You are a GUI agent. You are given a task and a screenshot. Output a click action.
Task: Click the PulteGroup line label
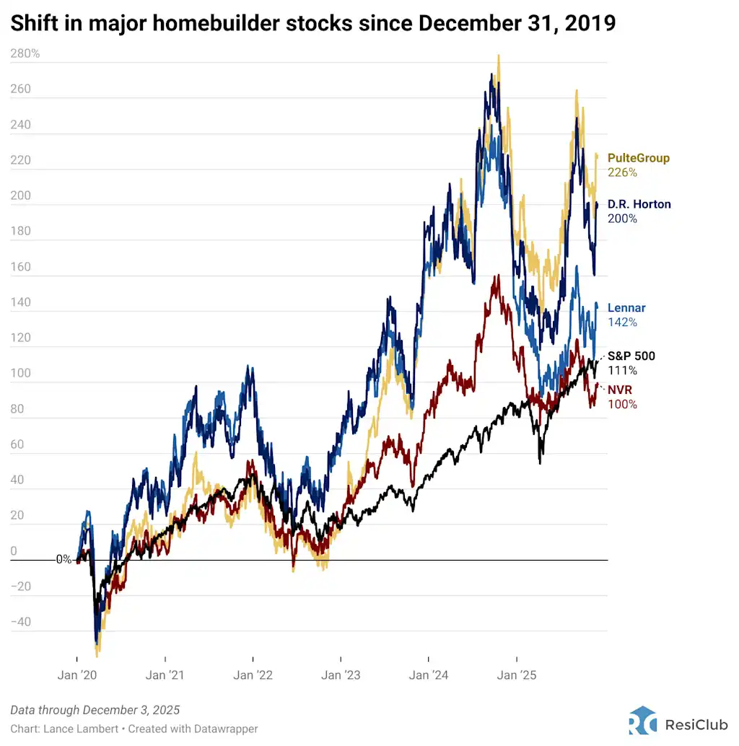point(638,158)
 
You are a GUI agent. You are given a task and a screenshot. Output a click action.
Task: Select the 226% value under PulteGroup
point(622,172)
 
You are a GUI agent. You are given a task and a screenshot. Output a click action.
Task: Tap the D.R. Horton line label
point(639,204)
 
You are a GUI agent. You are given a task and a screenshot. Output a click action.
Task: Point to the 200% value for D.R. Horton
point(622,219)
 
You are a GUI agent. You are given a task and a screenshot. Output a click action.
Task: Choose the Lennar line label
point(626,308)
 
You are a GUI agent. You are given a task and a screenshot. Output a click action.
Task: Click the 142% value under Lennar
point(622,322)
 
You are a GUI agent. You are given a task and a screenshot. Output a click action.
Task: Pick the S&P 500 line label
point(631,356)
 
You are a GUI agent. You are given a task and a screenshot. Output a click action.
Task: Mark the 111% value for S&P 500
point(622,370)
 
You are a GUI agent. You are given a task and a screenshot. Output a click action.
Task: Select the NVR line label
point(620,390)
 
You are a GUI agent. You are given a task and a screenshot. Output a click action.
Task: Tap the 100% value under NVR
point(622,405)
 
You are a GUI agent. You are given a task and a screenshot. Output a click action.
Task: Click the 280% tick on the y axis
point(25,53)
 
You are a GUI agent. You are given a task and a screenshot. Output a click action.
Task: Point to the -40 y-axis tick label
point(22,622)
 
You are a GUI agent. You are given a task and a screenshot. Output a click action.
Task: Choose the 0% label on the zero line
point(64,559)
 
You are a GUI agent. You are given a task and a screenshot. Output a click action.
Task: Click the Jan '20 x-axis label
point(77,675)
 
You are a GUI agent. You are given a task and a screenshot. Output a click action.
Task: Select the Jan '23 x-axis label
point(341,675)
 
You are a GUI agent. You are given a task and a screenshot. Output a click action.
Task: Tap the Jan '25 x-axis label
point(517,675)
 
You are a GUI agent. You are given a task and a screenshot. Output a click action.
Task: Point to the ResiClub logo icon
point(642,720)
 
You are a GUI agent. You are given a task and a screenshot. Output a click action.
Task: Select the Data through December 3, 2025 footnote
point(95,710)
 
